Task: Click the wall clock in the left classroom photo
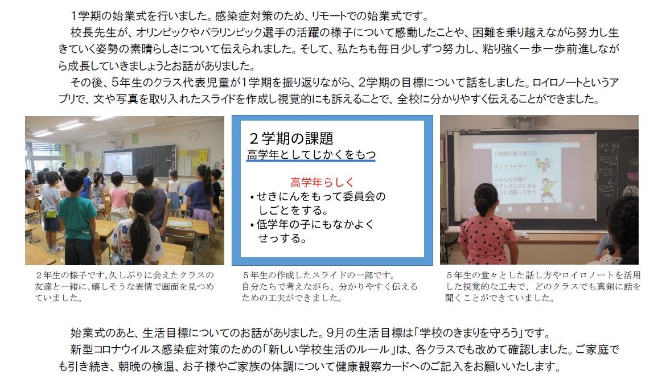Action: [x=193, y=135]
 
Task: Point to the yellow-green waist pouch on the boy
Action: [x=50, y=213]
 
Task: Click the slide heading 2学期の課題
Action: [x=291, y=138]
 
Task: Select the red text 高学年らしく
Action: [x=322, y=182]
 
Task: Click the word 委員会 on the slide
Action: [x=353, y=196]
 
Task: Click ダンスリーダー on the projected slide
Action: [x=509, y=167]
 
